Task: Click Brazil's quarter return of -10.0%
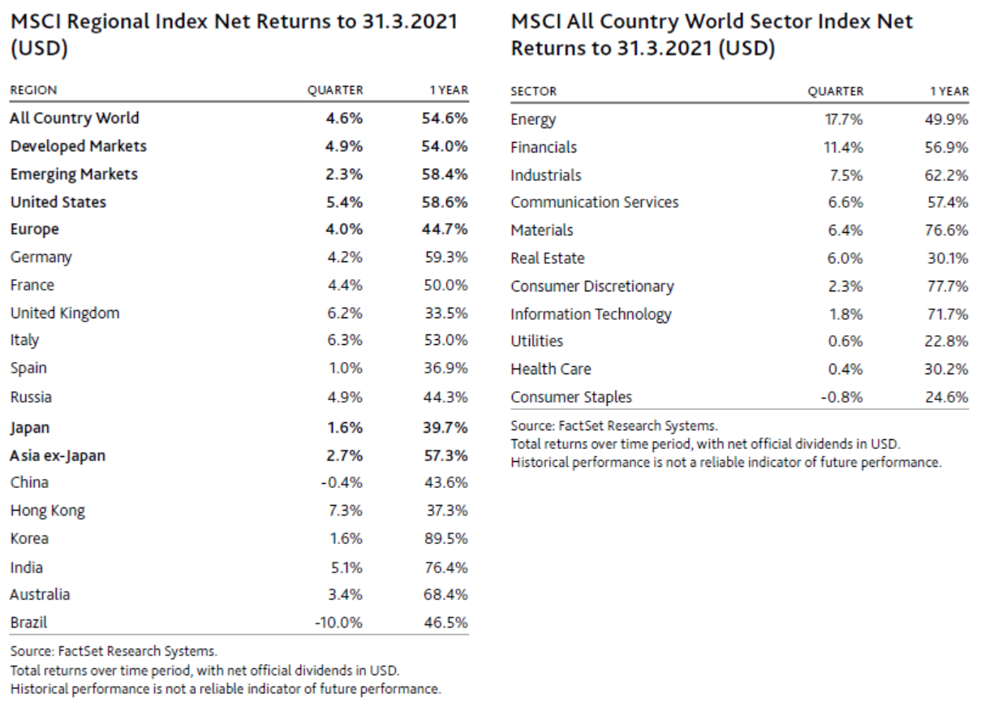(338, 623)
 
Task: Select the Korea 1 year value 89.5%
(446, 539)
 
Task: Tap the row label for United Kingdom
(64, 313)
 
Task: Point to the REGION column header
(33, 91)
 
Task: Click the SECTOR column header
(534, 92)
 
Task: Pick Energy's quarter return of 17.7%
(844, 120)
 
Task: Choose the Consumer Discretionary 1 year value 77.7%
(948, 287)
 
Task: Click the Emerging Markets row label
(74, 175)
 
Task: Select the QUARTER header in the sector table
(836, 92)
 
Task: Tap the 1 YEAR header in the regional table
(449, 91)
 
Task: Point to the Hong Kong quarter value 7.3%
(345, 511)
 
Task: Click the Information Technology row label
(591, 314)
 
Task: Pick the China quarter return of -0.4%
(341, 483)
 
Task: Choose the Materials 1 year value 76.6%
(948, 231)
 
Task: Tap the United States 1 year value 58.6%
(445, 202)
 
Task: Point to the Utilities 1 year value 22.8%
(948, 342)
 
